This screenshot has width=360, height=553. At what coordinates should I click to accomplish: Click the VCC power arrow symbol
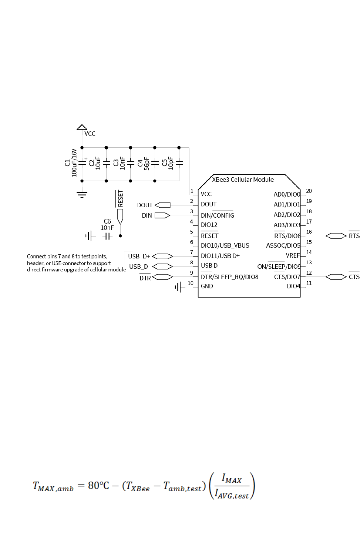click(x=82, y=128)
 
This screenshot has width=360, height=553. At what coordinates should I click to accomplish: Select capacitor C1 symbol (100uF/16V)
click(x=82, y=162)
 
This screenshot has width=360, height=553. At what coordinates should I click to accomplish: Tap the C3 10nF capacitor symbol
click(x=131, y=162)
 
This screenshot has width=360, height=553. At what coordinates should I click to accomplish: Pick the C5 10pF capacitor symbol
click(x=179, y=162)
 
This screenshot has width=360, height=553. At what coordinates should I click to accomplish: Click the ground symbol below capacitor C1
click(x=82, y=193)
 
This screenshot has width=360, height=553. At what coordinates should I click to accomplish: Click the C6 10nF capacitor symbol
click(x=107, y=236)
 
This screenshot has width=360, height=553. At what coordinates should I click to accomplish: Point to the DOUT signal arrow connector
click(x=162, y=205)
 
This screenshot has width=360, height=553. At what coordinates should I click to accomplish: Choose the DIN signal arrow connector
click(x=162, y=215)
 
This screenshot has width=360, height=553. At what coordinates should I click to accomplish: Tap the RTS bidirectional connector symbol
click(x=336, y=236)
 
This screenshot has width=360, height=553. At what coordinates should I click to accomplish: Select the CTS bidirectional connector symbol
click(x=336, y=277)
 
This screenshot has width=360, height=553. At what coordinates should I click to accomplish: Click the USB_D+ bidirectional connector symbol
click(x=162, y=256)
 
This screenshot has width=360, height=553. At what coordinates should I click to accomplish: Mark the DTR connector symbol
click(x=162, y=277)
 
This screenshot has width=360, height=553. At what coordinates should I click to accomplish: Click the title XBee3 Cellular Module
click(x=243, y=180)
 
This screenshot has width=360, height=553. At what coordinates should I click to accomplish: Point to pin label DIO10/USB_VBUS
click(x=225, y=245)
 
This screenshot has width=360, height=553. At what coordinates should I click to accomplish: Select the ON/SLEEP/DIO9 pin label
click(x=279, y=267)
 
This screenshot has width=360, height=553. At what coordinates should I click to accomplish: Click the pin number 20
click(x=309, y=191)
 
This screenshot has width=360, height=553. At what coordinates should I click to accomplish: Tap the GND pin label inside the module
click(x=207, y=286)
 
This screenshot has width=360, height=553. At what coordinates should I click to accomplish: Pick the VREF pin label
click(x=293, y=255)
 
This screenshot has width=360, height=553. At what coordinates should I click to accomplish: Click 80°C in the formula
click(x=98, y=485)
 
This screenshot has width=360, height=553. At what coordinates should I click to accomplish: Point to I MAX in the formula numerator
click(x=232, y=479)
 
